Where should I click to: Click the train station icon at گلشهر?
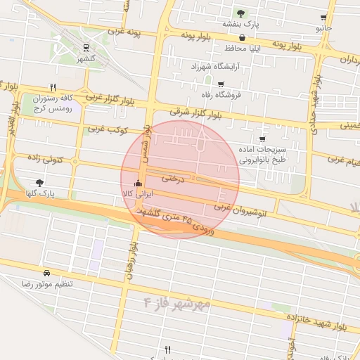(86, 49)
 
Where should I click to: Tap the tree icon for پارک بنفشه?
(241, 13)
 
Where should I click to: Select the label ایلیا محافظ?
(243, 49)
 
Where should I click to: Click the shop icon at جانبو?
(323, 18)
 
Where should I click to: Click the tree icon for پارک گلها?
(39, 183)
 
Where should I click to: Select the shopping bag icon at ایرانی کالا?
(137, 186)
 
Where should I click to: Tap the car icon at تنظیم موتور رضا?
(46, 273)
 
